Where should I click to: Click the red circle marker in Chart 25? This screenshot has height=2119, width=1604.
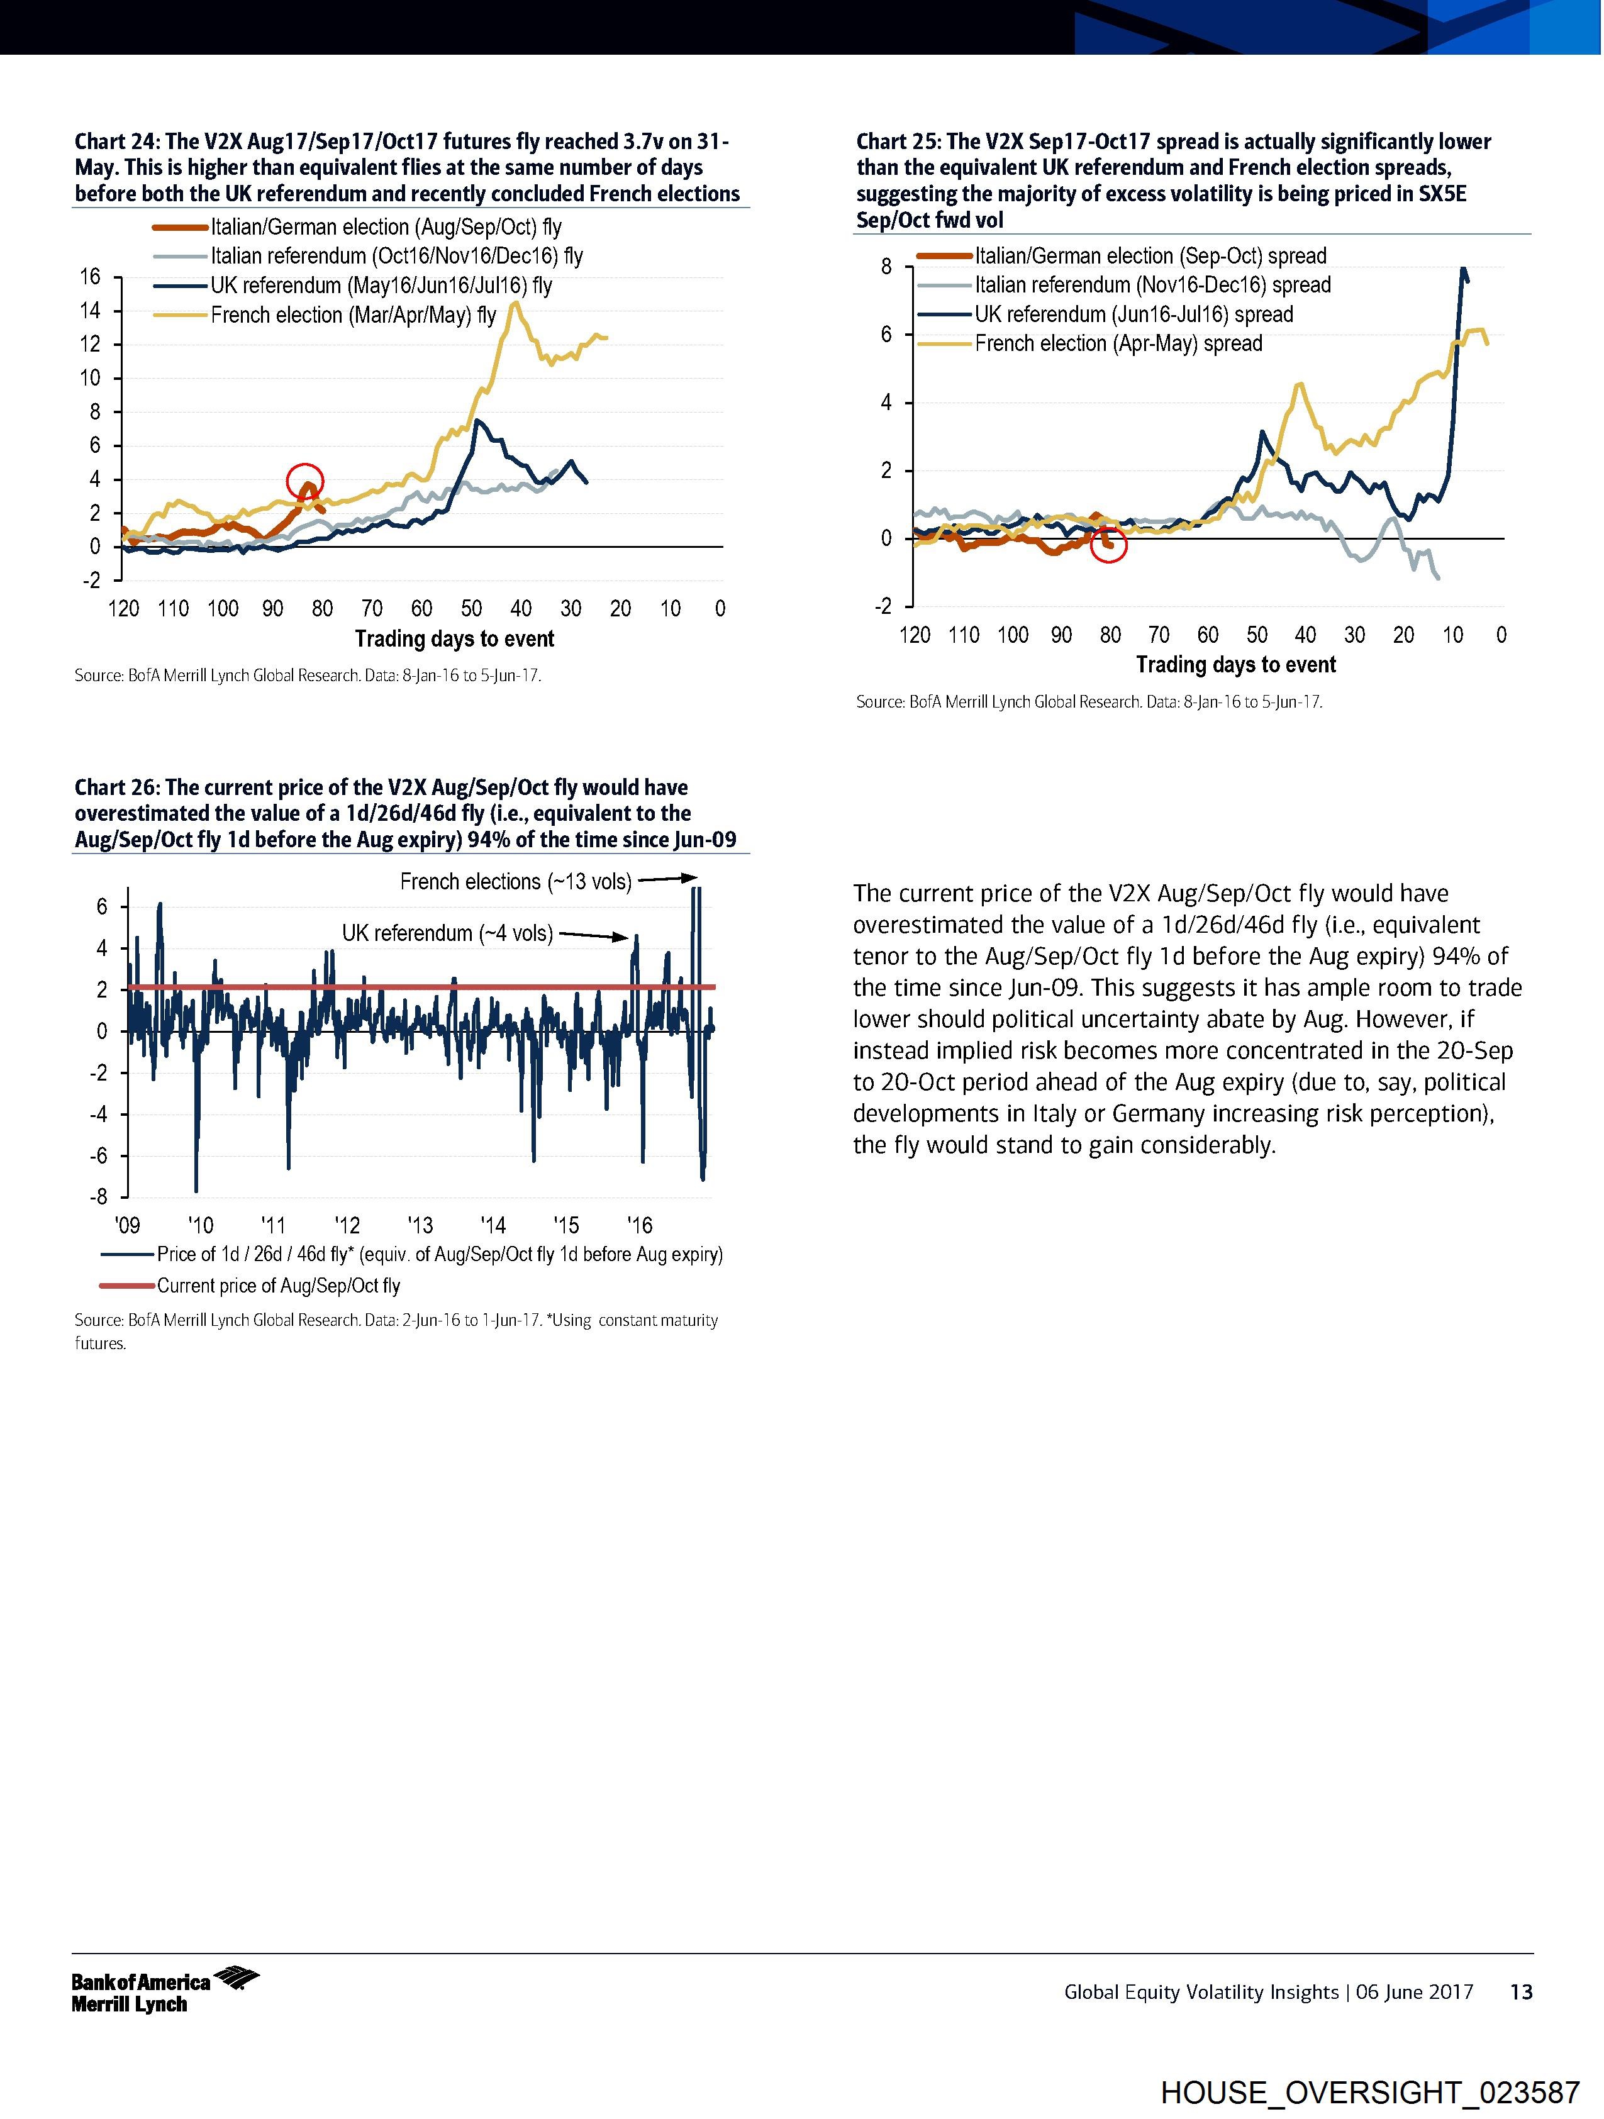(1108, 545)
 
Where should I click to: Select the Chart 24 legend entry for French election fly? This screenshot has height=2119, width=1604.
(353, 315)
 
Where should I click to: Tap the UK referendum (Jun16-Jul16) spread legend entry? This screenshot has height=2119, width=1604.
(1133, 314)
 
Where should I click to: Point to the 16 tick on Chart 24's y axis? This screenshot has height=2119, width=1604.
(90, 277)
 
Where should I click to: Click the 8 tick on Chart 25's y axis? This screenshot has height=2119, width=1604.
(886, 266)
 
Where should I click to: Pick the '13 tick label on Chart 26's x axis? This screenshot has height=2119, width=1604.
(420, 1225)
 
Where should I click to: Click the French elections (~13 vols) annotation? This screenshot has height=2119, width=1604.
(516, 881)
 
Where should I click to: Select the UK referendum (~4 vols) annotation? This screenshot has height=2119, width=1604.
(447, 933)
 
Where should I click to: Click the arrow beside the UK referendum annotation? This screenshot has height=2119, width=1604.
(593, 936)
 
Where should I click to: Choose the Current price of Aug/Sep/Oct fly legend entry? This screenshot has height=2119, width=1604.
(278, 1286)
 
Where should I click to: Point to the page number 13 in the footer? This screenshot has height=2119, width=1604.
(1520, 1991)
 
